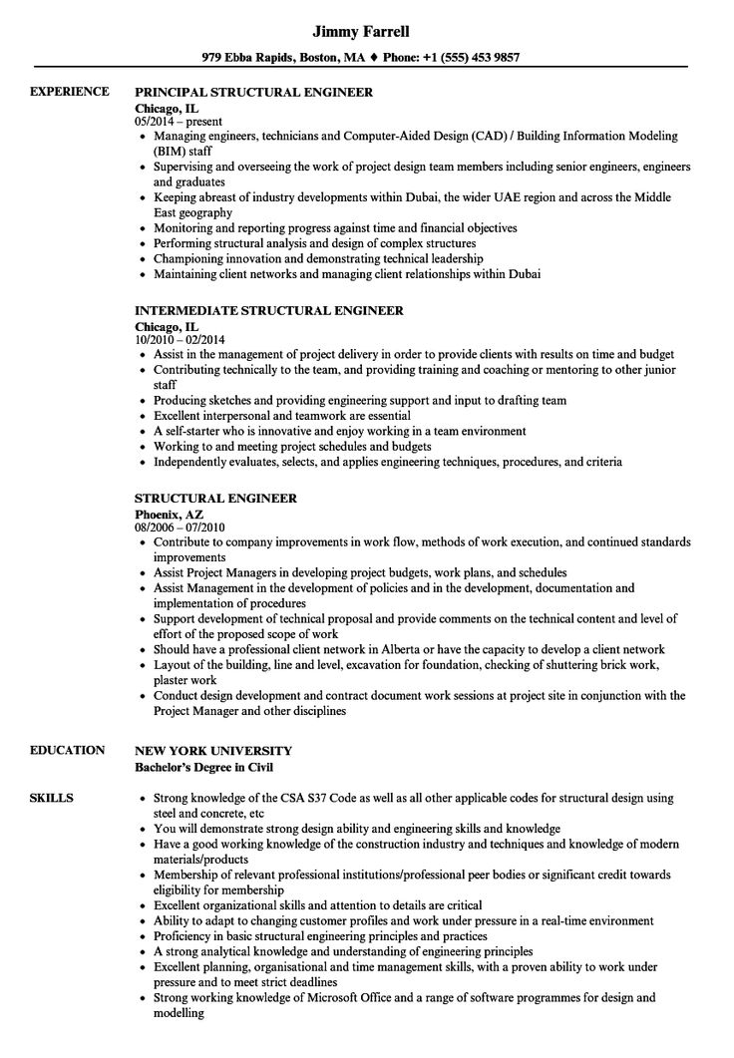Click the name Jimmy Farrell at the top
(x=366, y=28)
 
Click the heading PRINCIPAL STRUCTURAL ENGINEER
(x=253, y=92)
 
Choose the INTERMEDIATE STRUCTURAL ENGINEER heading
(x=269, y=310)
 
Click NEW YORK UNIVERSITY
(x=212, y=749)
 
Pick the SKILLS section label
(x=51, y=798)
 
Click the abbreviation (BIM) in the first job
(x=172, y=149)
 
